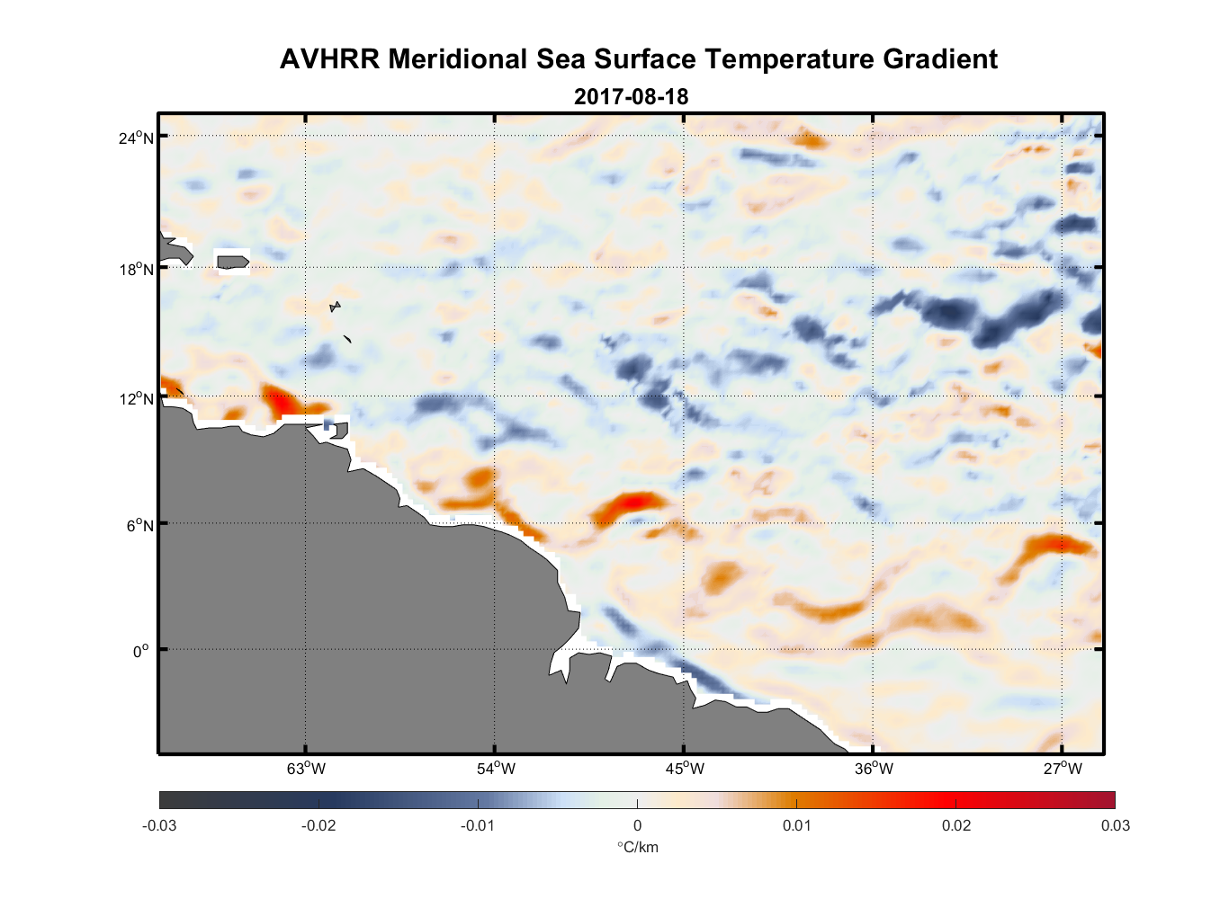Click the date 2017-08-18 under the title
click(631, 96)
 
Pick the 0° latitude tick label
click(141, 651)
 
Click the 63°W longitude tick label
click(306, 769)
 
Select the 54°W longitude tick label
click(496, 769)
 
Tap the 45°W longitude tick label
click(685, 769)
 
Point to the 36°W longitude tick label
click(874, 769)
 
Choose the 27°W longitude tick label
click(1063, 769)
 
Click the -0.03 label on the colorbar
click(159, 825)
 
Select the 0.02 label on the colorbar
click(956, 825)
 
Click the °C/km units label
click(637, 847)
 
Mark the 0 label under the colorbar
click(637, 825)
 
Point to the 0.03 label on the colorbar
click(1115, 825)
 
